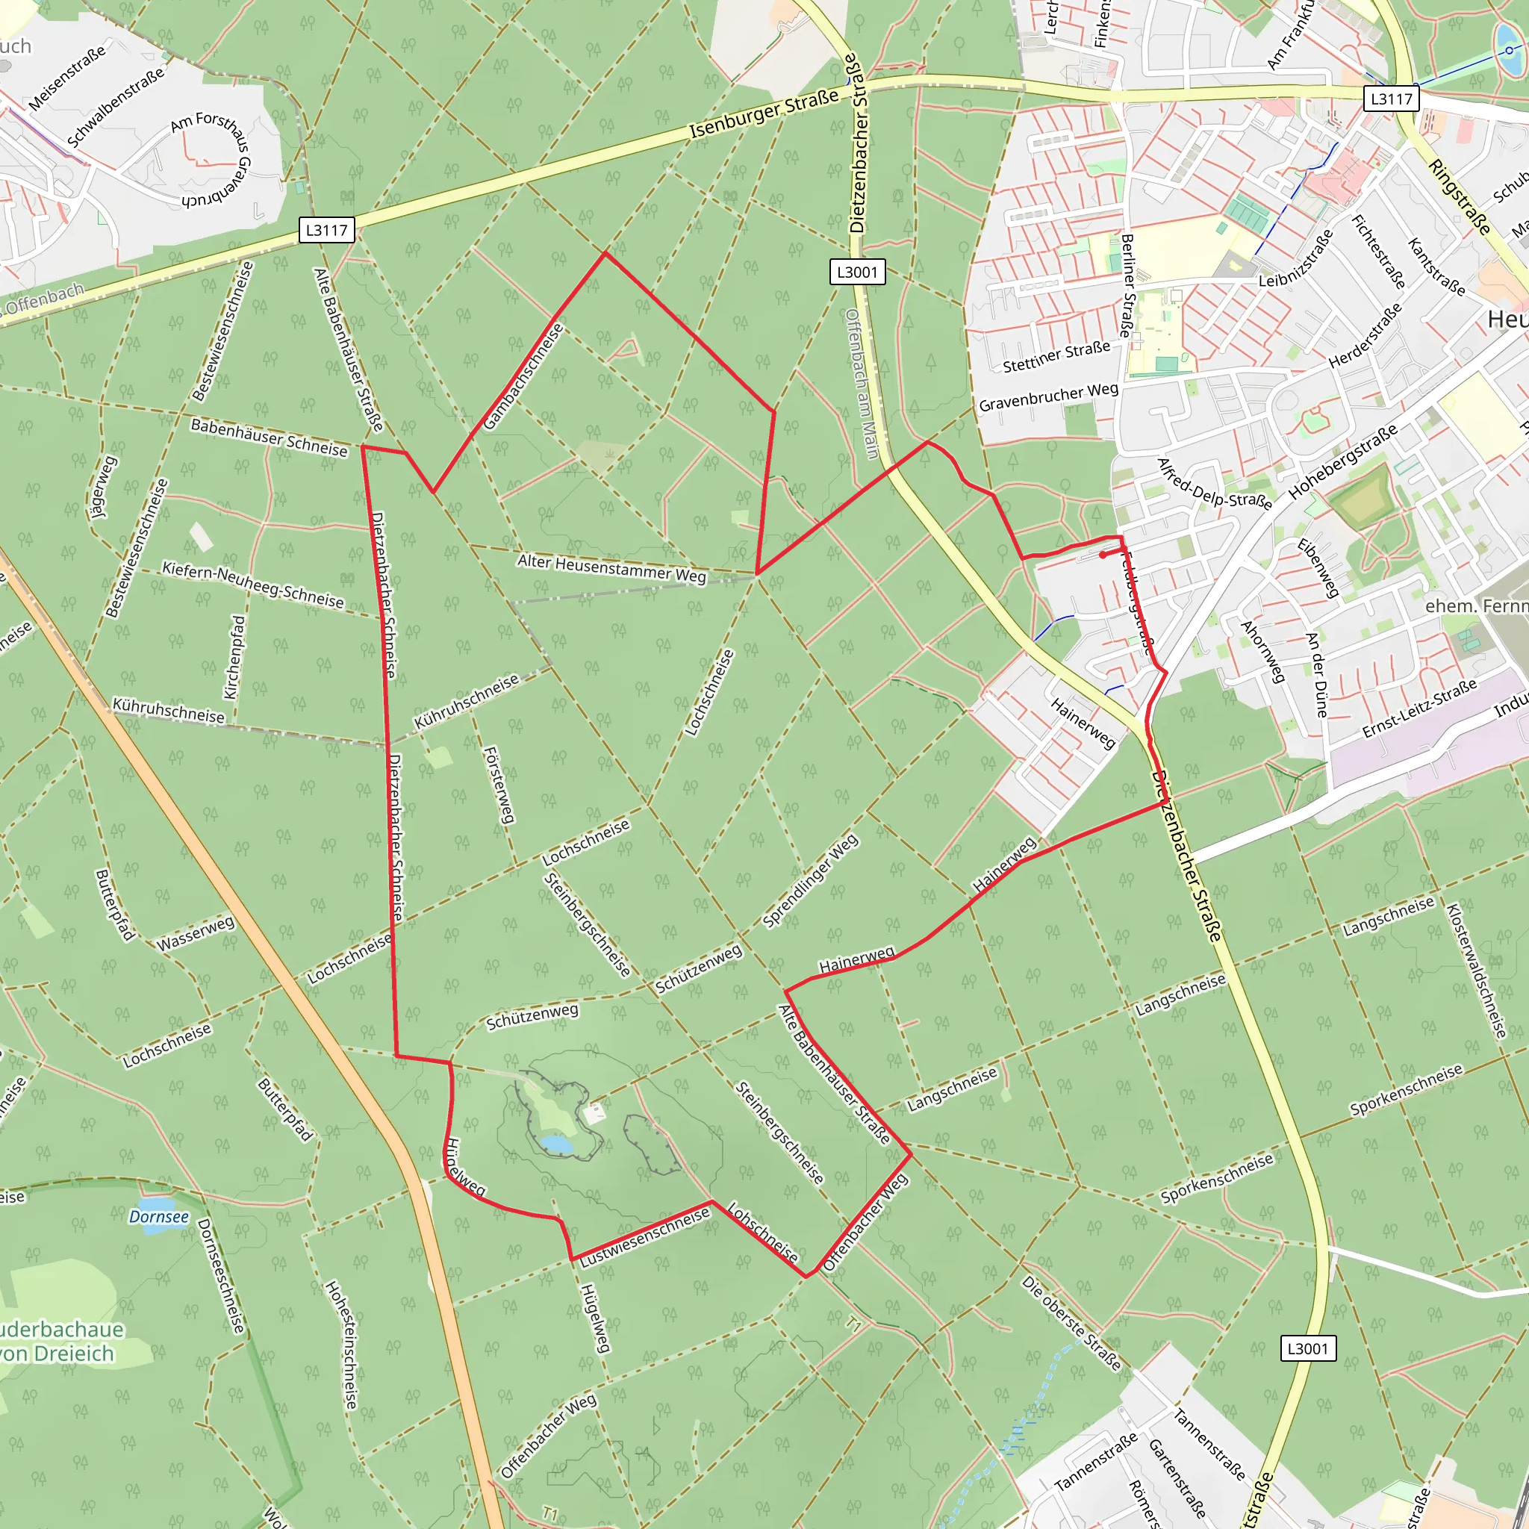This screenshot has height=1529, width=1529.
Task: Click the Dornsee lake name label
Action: [x=159, y=1216]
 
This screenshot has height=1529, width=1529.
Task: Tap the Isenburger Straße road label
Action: [x=764, y=114]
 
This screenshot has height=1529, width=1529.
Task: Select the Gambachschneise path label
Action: [x=523, y=377]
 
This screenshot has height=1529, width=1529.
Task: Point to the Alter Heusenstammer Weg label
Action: [x=611, y=567]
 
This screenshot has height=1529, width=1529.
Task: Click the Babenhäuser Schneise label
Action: [x=269, y=437]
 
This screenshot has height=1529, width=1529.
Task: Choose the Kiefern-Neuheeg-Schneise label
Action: [x=253, y=585]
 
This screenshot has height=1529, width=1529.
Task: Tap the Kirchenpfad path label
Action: [x=234, y=658]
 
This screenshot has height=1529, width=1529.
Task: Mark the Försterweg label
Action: [x=499, y=785]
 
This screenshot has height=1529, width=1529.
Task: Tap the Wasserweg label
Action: [x=196, y=934]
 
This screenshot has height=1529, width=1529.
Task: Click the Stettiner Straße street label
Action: [x=1056, y=357]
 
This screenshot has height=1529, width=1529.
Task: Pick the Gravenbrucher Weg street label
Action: [x=1049, y=397]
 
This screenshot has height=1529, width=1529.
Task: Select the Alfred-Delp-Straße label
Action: [x=1214, y=484]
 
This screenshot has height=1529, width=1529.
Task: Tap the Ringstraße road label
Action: [x=1460, y=196]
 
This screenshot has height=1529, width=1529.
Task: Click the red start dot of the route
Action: [x=1103, y=555]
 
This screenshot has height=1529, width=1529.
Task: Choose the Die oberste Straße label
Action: [x=1071, y=1322]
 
